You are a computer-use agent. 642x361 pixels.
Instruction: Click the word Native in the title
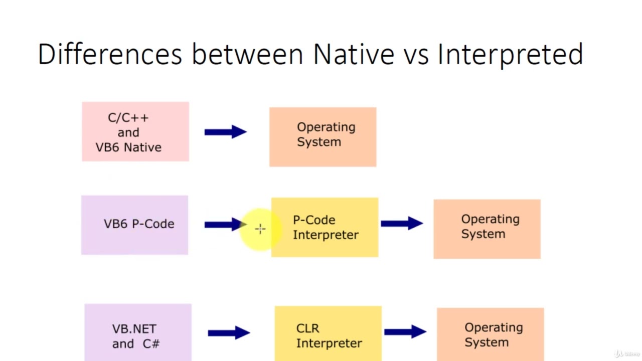354,54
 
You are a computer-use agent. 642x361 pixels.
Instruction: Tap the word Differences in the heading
110,54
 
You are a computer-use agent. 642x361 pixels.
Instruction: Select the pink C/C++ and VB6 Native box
135,132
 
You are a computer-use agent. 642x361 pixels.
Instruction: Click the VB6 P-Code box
134,225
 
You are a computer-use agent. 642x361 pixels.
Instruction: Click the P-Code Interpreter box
325,228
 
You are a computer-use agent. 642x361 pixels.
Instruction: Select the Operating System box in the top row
323,136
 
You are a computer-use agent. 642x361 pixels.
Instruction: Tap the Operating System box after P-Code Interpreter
487,229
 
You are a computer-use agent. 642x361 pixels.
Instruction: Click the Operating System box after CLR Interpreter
490,334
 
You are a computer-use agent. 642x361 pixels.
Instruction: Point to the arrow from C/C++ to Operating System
226,132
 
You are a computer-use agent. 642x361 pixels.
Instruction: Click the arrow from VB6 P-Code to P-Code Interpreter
224,225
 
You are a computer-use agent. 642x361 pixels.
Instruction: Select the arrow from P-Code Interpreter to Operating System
402,223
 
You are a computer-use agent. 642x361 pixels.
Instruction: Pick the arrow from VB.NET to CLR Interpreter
229,332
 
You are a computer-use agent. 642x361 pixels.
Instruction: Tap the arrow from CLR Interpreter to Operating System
405,331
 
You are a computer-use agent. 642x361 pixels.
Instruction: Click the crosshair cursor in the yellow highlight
260,229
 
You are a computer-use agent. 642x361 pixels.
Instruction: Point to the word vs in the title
416,54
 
